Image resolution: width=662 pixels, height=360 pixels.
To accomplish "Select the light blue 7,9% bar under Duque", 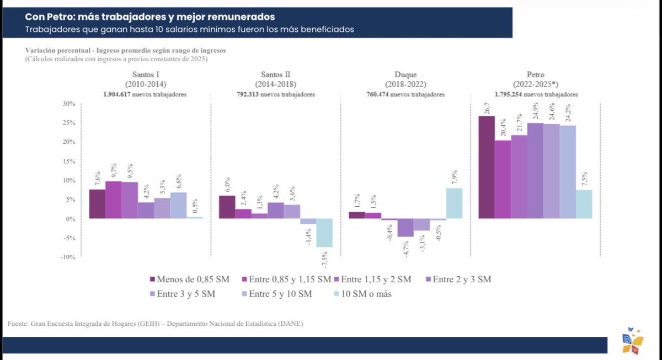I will [454, 203].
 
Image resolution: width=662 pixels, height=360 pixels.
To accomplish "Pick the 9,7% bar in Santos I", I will [113, 200].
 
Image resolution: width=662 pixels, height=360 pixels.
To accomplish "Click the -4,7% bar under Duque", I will [405, 228].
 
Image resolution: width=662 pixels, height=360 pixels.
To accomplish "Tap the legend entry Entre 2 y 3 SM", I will [458, 280].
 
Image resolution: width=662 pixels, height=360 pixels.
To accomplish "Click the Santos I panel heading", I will [146, 79].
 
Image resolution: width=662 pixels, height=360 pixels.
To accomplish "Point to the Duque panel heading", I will [405, 79].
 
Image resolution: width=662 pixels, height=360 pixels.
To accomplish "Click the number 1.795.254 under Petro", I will [512, 95].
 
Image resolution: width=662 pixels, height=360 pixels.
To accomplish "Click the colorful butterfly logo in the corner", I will [631, 341].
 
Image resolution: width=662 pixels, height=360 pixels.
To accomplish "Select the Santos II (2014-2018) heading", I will [276, 79].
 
